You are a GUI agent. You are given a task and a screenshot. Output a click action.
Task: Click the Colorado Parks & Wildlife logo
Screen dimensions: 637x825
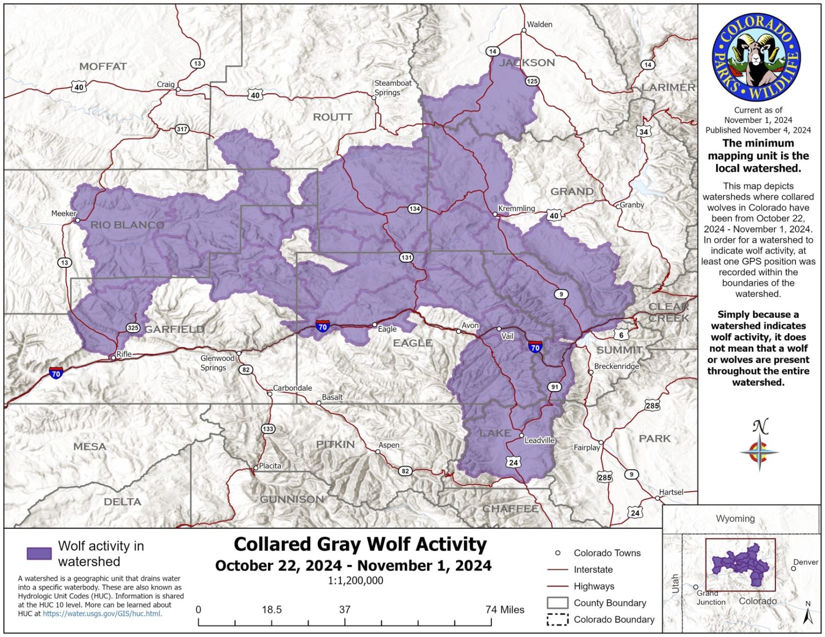click(756, 58)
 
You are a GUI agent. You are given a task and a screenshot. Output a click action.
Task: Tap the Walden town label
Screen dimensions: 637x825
click(539, 24)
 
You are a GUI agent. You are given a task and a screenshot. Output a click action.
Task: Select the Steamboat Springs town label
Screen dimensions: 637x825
click(393, 88)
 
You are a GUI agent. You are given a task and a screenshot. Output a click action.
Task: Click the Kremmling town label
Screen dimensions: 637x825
click(516, 208)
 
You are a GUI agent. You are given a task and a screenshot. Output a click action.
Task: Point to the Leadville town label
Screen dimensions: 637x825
click(539, 440)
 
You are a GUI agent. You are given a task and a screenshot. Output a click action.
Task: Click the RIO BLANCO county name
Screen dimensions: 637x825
click(127, 225)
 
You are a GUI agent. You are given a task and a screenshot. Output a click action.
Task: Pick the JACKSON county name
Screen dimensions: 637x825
click(527, 63)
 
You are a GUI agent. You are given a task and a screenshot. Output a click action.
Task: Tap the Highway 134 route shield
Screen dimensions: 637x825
click(414, 209)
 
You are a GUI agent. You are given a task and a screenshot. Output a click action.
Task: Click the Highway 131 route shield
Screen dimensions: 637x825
click(407, 258)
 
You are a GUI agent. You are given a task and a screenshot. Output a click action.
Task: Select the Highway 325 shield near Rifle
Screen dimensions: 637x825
click(133, 328)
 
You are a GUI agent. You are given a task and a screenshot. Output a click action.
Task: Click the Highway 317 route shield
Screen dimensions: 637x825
click(182, 129)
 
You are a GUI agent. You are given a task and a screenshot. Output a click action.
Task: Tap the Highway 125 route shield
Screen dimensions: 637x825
click(532, 81)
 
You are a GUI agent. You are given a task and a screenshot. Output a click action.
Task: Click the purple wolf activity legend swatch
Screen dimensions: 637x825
click(39, 553)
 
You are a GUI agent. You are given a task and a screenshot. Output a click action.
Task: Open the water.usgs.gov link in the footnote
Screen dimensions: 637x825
click(102, 613)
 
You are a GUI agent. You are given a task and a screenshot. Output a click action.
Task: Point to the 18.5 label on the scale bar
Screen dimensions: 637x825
click(272, 609)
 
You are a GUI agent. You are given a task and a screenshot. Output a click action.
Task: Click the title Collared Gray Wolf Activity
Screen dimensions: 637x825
click(360, 544)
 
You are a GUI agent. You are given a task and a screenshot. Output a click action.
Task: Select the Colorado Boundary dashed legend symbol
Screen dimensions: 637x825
click(557, 619)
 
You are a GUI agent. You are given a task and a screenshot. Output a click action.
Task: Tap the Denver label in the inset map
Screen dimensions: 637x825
click(805, 562)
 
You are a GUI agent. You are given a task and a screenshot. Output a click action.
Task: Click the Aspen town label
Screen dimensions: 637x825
click(388, 445)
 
